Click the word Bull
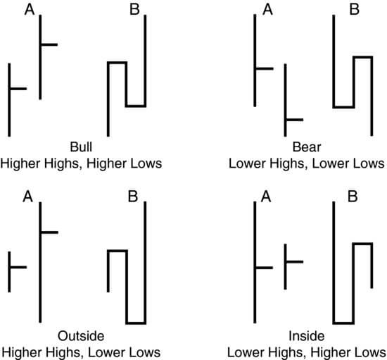click(x=81, y=147)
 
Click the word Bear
click(x=307, y=147)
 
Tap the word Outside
click(x=81, y=336)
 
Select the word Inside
click(x=307, y=336)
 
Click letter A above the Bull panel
click(x=30, y=10)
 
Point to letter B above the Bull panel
click(x=134, y=10)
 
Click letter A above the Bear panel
click(x=267, y=10)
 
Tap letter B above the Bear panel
click(x=355, y=10)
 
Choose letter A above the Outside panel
click(x=27, y=197)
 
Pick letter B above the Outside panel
click(x=133, y=197)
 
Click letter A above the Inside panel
click(x=266, y=197)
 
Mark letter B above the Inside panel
click(x=353, y=197)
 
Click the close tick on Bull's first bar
click(x=18, y=89)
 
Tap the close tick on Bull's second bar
click(x=49, y=44)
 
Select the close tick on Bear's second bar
click(x=295, y=120)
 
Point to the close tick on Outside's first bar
click(x=18, y=267)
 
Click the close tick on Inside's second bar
click(x=295, y=261)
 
